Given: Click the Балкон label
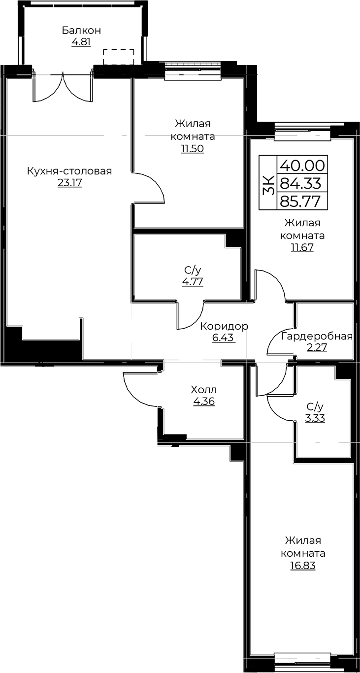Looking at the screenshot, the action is click(81, 31).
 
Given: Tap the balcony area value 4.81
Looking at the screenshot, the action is click(81, 42).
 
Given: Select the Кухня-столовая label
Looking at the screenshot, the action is click(69, 171).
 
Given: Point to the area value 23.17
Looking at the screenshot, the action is click(69, 183).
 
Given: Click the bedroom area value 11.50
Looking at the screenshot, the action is click(193, 149).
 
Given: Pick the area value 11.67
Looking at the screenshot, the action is click(302, 248).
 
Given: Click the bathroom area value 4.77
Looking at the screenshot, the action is click(193, 282).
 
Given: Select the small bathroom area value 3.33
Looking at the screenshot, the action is click(315, 418).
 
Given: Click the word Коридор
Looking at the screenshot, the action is click(224, 326).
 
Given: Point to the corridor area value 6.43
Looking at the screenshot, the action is click(223, 337).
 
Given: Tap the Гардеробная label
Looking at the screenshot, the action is click(317, 336).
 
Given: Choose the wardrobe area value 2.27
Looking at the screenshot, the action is click(317, 348).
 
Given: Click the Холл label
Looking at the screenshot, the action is click(203, 390).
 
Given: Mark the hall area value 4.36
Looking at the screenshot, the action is click(203, 402).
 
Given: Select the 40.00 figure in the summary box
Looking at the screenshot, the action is click(302, 165).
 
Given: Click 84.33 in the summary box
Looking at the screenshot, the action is click(301, 183).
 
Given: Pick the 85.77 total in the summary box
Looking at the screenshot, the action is click(300, 201).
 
